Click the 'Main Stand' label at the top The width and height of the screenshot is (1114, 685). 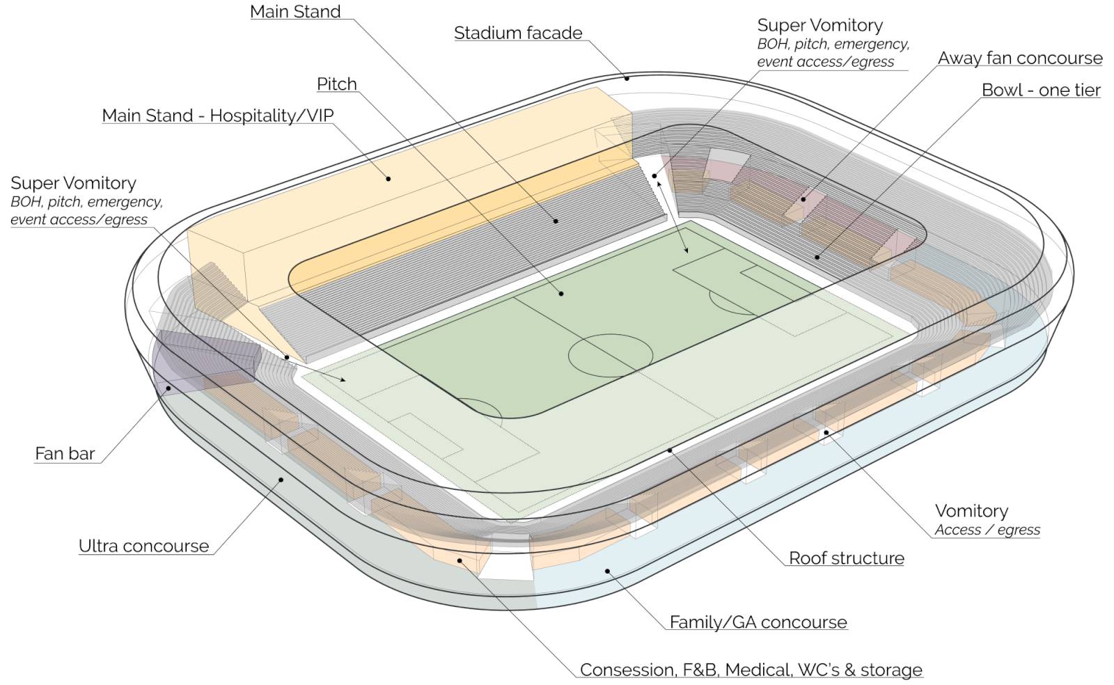click(x=295, y=11)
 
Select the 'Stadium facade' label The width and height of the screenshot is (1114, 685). click(x=518, y=33)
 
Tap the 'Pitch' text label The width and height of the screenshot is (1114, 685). click(x=337, y=84)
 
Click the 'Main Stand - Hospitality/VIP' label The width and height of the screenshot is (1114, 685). click(x=218, y=116)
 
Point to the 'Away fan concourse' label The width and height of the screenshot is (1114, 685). click(x=1020, y=58)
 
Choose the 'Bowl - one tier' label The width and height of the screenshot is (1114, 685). click(x=1041, y=90)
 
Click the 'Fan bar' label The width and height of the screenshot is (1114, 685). click(x=65, y=453)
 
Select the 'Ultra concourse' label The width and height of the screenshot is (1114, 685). click(x=143, y=546)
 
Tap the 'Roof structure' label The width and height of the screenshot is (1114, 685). click(x=847, y=558)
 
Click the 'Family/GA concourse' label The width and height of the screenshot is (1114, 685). click(x=758, y=622)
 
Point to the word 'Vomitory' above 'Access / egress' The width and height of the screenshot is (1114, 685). click(x=971, y=510)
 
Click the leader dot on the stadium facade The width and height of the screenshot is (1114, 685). click(x=627, y=78)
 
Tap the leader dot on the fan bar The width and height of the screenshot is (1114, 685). click(x=168, y=388)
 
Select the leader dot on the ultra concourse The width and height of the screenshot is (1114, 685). click(x=281, y=480)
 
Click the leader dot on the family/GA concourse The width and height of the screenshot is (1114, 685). click(x=607, y=571)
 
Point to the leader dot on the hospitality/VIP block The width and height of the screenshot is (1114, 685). click(x=388, y=178)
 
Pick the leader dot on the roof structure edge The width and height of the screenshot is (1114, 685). click(x=669, y=450)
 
